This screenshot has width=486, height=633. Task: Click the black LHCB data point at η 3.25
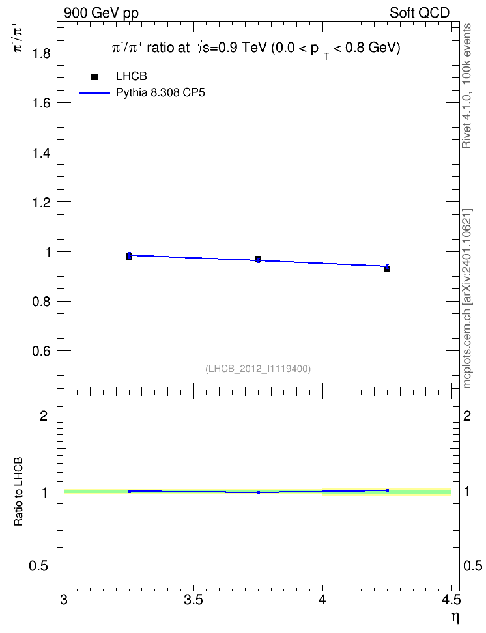(x=129, y=257)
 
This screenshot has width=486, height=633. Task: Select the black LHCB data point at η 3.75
(x=258, y=259)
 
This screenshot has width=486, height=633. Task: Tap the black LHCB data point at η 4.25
(x=387, y=269)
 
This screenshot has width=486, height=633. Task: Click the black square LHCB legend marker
(x=94, y=77)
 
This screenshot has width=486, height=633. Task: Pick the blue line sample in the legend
(x=94, y=93)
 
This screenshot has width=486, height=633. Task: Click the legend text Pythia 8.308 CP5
(x=160, y=93)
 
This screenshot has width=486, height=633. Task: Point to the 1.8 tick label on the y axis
(x=41, y=53)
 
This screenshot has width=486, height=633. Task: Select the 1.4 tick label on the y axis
(x=41, y=152)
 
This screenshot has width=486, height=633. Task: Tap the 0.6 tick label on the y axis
(x=41, y=351)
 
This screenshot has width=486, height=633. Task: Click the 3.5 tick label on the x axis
(x=193, y=600)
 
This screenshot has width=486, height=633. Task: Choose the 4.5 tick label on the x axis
(x=451, y=600)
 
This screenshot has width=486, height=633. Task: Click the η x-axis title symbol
(x=455, y=618)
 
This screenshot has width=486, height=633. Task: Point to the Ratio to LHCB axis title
(x=18, y=492)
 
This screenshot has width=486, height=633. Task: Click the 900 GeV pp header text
(x=101, y=13)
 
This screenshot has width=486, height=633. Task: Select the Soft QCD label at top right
(x=420, y=13)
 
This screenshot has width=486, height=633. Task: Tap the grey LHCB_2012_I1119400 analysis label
(x=258, y=369)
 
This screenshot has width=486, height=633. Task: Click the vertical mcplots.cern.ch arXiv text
(x=466, y=298)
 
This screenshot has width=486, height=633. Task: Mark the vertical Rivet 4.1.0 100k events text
(x=466, y=86)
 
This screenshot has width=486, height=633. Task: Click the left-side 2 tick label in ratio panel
(x=44, y=415)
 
